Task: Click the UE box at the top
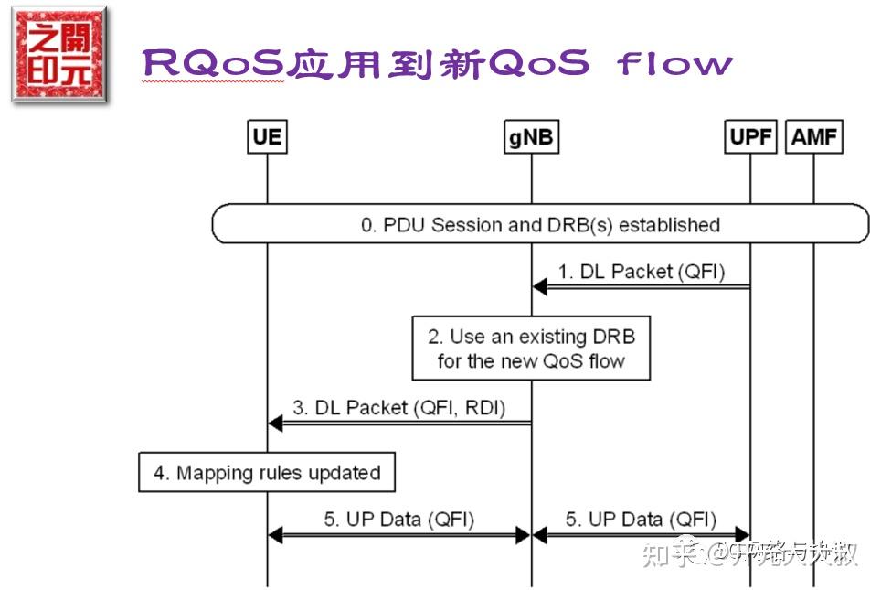pos(267,138)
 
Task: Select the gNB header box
pos(531,138)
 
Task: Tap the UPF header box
pos(750,138)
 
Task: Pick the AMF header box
pos(812,138)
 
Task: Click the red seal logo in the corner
pos(58,55)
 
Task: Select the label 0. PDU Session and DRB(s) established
pos(540,225)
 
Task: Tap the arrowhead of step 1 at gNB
pos(539,287)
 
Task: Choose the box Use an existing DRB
pos(531,349)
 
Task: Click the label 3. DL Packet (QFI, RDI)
pos(399,408)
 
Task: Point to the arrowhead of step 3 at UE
pos(275,424)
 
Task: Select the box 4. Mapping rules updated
pos(267,473)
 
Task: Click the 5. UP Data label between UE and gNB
pos(398,520)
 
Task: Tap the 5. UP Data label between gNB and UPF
pos(641,520)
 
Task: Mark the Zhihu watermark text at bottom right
pos(749,552)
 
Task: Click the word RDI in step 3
pos(483,408)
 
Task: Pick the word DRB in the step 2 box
pos(614,337)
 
